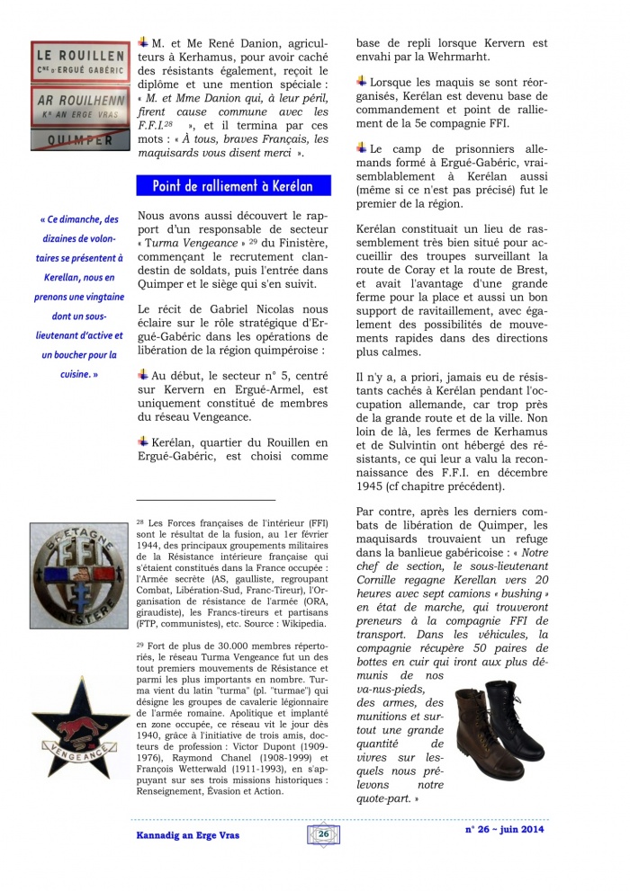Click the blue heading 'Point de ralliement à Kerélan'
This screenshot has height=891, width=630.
(x=232, y=186)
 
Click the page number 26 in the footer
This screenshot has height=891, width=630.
(x=322, y=833)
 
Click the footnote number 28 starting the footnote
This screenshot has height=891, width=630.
(x=140, y=521)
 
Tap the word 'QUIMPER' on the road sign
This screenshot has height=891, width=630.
(x=78, y=140)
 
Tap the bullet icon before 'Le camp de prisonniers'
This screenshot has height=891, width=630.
(x=362, y=147)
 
